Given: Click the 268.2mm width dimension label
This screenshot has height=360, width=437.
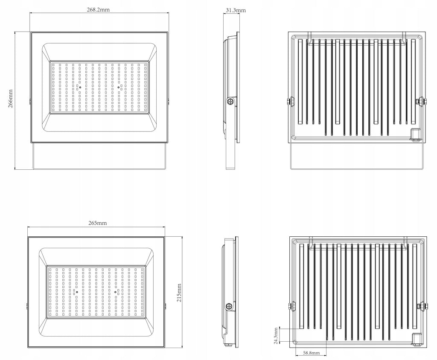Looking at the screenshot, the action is point(99,9).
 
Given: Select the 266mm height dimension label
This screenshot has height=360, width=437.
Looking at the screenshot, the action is point(10,99).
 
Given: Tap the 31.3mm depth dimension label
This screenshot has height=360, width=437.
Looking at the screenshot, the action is point(236,10).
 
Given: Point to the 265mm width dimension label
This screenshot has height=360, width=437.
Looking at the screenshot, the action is point(98,223).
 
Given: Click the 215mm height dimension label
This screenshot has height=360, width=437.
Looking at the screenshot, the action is point(179,293).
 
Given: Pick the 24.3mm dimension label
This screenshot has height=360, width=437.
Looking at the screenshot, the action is point(276,336).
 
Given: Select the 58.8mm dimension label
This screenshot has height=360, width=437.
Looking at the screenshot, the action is point(311,353).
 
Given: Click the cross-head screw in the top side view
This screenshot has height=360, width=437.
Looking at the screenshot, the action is point(230,101).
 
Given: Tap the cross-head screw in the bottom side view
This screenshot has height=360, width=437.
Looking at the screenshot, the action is point(229,306).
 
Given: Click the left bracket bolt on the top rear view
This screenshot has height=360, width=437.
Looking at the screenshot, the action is point(291,101).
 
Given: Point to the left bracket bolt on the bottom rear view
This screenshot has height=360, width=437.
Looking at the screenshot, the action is point(292,306).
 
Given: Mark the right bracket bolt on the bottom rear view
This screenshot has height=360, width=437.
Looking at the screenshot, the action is point(422,306).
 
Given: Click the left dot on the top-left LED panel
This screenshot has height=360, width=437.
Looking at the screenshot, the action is point(80,87).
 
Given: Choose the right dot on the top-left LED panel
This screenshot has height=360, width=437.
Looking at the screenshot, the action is point(119,87).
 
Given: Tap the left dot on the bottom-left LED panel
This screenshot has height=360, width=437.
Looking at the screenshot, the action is point(77,292).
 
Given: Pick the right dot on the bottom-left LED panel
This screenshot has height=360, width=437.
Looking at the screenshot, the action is point(115,292).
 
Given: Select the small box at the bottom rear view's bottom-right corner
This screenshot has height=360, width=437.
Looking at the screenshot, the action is point(417,339).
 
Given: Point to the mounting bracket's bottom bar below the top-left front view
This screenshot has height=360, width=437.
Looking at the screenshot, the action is point(99,168).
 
